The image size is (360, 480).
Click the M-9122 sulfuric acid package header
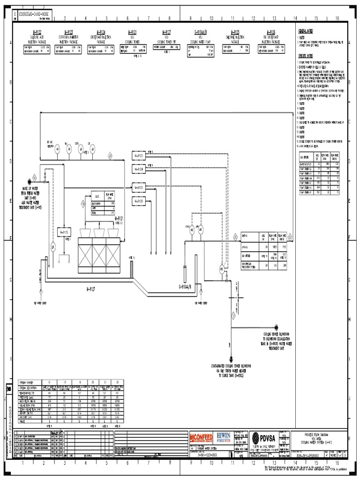pos(35,32)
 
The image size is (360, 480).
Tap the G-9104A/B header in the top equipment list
pos(202,32)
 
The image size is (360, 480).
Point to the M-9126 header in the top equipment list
pos(273,32)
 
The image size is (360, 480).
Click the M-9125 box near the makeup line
pos(63,232)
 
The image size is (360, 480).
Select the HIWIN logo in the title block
pos(223,436)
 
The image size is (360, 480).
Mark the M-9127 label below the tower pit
pos(90,290)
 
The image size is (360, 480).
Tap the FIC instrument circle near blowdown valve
pos(222,270)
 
